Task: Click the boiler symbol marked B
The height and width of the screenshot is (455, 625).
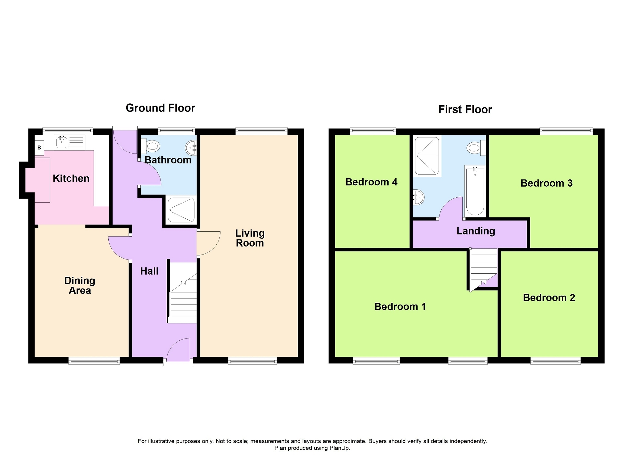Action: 39,148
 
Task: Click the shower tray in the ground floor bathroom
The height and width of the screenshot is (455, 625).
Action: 181,210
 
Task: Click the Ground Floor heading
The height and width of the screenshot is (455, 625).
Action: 160,108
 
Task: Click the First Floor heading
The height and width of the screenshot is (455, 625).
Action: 465,109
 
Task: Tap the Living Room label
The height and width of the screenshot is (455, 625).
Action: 250,238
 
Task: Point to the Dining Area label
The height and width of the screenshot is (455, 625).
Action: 80,285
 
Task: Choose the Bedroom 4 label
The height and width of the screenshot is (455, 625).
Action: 371,182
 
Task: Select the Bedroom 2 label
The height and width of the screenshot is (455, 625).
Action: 549,297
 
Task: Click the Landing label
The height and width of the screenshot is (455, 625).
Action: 476,231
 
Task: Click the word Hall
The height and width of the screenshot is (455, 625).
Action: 149,271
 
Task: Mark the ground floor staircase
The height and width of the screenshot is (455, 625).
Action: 183,292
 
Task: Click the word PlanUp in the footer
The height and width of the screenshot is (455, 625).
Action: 339,448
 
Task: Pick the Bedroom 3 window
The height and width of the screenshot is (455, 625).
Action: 566,131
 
